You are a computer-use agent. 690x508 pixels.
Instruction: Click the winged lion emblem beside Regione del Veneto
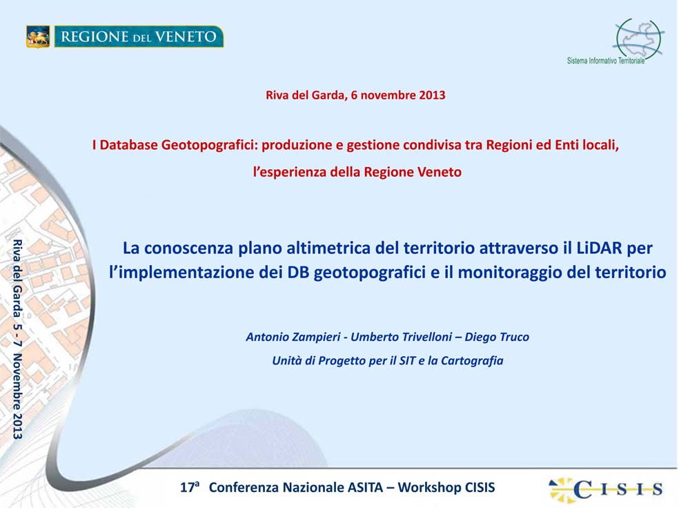38,37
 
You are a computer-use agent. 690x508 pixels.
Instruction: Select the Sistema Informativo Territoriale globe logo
638,39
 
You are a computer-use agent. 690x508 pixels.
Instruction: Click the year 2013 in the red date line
432,95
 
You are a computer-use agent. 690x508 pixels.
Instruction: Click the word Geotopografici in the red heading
209,145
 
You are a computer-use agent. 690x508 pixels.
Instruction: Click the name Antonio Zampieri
293,338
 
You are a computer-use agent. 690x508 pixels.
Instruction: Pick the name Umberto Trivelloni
401,338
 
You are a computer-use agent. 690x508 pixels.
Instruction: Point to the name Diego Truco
497,338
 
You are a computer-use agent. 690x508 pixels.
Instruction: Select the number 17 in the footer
187,488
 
